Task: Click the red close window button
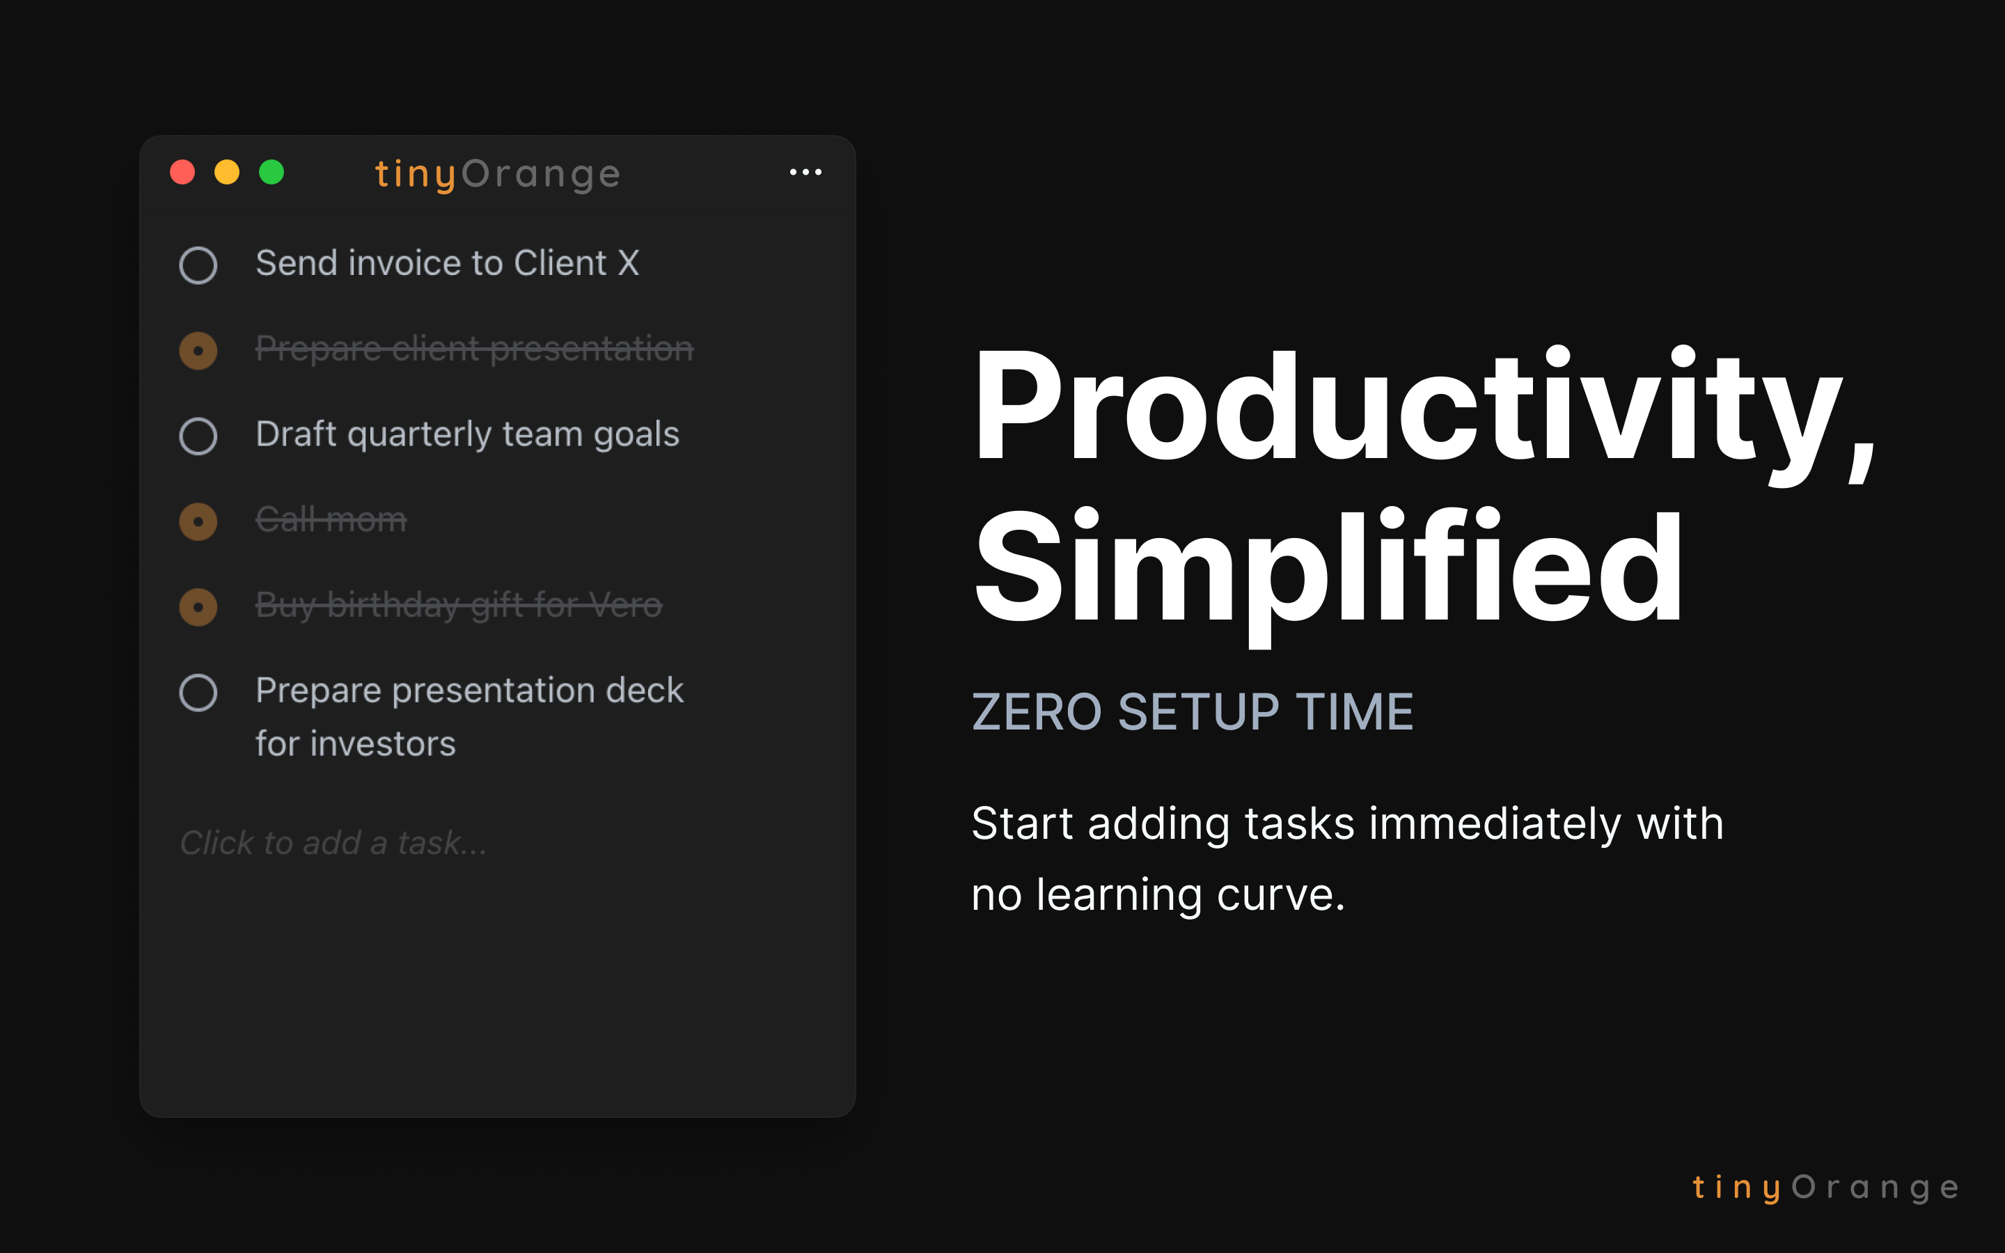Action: (182, 173)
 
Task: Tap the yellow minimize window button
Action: (227, 173)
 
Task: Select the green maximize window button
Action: (272, 173)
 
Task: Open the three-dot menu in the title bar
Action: (805, 173)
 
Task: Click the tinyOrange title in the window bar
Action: (497, 174)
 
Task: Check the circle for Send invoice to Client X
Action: (198, 265)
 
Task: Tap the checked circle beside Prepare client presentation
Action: (198, 351)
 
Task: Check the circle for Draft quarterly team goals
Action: (198, 436)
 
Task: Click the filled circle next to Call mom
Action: (198, 521)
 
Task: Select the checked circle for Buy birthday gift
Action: (198, 606)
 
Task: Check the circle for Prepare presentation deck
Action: (198, 692)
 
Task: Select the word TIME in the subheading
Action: (1355, 712)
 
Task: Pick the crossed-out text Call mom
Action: (331, 519)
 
